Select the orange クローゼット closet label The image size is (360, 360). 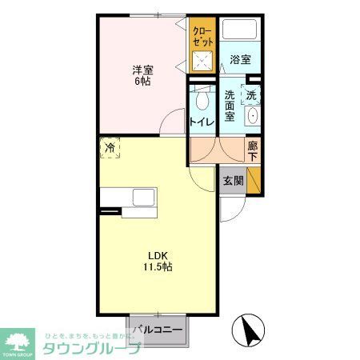pos(202,36)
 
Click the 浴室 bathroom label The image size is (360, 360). pos(241,59)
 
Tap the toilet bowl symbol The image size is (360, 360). pos(202,101)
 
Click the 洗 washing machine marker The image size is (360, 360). pos(252,94)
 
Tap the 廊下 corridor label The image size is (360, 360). pos(253,150)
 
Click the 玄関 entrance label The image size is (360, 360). pos(232,181)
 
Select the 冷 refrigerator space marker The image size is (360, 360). pos(110,148)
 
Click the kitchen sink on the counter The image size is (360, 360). pos(145,198)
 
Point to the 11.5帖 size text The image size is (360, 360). pos(157,267)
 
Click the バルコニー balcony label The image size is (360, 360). pos(158,330)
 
